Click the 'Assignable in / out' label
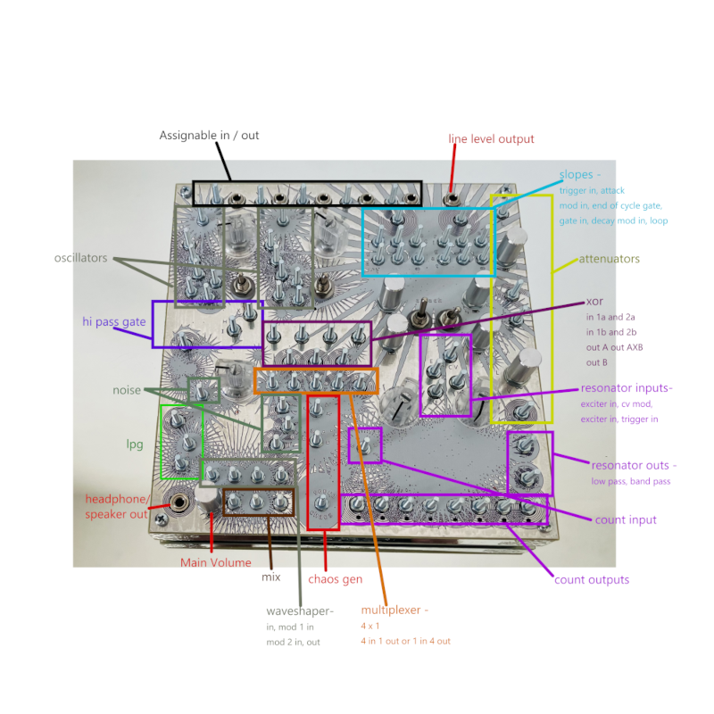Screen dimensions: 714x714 209,136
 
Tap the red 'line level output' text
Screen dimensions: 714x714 491,138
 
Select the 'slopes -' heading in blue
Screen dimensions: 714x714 580,174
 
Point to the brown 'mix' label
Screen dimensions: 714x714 270,577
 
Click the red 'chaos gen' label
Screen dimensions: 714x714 335,579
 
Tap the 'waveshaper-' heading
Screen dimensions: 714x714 299,611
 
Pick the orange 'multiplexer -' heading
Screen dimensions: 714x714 395,610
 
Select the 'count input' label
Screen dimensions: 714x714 626,519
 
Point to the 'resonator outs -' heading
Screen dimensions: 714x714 634,465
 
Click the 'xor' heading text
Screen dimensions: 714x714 596,302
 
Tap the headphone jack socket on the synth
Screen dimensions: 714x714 181,502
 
